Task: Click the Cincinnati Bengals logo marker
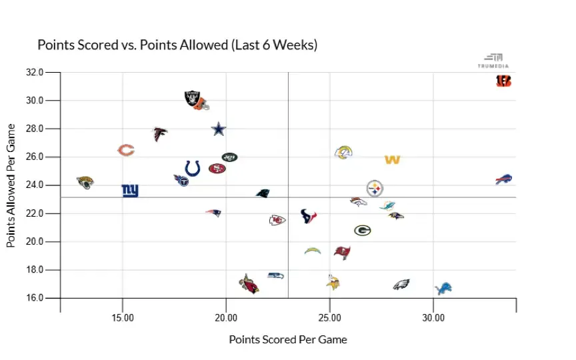click(504, 81)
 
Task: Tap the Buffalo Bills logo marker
click(504, 179)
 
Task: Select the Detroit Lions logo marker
click(443, 288)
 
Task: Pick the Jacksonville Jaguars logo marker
click(85, 182)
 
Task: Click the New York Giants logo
click(130, 191)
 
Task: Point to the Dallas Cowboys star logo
click(219, 129)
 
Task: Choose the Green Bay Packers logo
click(362, 231)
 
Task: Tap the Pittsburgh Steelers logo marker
click(375, 188)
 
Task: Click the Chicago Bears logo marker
click(126, 150)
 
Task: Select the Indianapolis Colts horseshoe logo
click(193, 168)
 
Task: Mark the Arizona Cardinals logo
click(249, 284)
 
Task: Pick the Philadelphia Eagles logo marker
click(401, 285)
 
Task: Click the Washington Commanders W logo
click(392, 160)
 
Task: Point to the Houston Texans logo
click(308, 215)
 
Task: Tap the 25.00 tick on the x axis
click(330, 318)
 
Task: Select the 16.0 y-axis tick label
click(34, 298)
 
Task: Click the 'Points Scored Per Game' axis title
click(288, 339)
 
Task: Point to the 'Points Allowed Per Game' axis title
click(11, 185)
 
